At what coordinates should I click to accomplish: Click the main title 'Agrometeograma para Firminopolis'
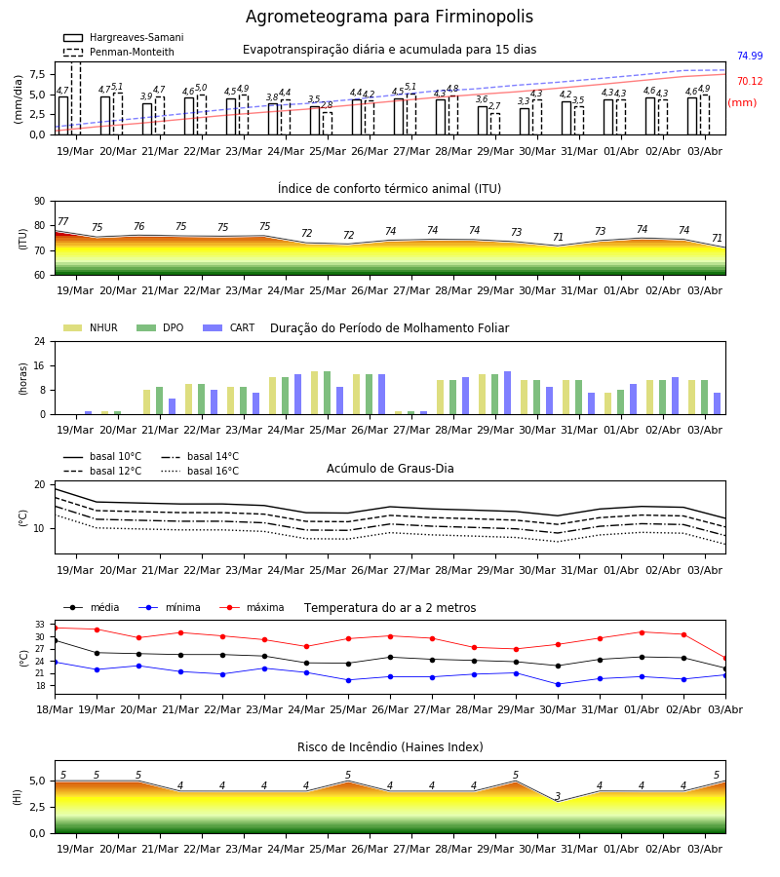click(x=389, y=17)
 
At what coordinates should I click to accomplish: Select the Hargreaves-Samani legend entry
click(x=123, y=37)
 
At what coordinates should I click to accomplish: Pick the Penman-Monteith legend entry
click(x=119, y=52)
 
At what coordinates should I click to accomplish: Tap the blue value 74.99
click(x=750, y=56)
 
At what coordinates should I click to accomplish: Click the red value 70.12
click(x=750, y=82)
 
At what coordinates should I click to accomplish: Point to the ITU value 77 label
click(x=63, y=221)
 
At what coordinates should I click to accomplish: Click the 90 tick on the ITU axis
click(x=39, y=202)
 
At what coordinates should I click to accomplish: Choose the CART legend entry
click(x=229, y=327)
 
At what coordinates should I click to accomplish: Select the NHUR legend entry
click(x=91, y=327)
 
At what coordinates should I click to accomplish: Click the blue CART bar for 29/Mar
click(x=508, y=393)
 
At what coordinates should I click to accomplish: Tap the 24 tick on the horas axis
click(x=39, y=341)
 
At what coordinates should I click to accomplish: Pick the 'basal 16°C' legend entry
click(x=200, y=471)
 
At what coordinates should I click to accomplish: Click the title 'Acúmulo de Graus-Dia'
click(x=390, y=469)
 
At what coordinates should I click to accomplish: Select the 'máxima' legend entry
click(x=252, y=607)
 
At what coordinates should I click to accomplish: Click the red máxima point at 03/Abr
click(x=725, y=659)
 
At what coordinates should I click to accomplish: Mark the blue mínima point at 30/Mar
click(x=558, y=685)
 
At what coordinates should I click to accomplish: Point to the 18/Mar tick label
click(x=55, y=709)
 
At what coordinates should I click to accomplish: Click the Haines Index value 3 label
click(x=558, y=796)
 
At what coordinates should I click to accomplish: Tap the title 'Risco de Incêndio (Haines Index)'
click(x=390, y=747)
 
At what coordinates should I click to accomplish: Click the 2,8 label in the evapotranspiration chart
click(x=327, y=105)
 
